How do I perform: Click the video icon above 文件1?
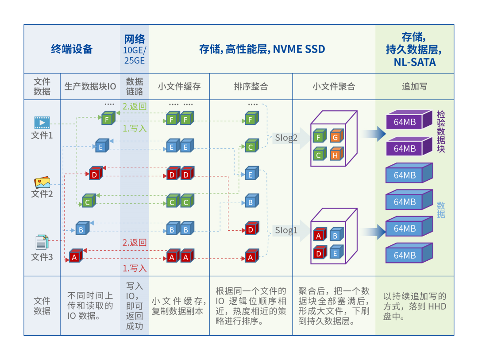42,122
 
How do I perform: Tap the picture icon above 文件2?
42,182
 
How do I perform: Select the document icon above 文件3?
42,242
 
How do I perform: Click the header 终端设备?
72,49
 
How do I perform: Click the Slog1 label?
286,230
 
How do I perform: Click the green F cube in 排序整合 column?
251,119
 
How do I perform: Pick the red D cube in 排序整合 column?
251,229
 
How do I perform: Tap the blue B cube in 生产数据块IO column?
82,229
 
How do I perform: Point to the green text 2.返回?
135,107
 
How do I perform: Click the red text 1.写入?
135,268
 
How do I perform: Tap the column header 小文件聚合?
334,86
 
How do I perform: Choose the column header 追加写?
414,86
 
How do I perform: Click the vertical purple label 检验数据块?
441,132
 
